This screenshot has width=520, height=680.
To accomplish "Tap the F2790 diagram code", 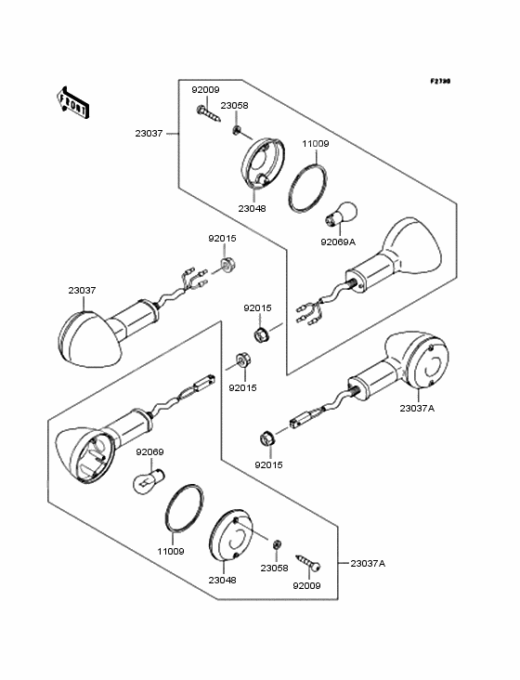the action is click(440, 81).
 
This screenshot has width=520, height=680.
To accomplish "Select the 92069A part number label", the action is click(338, 242).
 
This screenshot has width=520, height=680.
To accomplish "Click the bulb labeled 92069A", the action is click(341, 214).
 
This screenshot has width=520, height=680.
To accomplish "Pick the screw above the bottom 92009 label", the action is click(308, 562).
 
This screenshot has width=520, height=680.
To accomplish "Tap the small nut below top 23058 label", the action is click(236, 129).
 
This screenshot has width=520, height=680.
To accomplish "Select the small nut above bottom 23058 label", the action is click(277, 543).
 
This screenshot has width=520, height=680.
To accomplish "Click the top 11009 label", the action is click(316, 144).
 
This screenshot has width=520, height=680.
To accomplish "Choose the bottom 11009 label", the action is click(171, 551).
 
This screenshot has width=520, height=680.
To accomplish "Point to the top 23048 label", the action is click(253, 208).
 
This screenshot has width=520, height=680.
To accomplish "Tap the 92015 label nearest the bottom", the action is click(268, 464).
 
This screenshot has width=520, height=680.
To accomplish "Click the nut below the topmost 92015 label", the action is click(227, 264).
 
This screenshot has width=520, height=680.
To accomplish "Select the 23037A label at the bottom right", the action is click(368, 563).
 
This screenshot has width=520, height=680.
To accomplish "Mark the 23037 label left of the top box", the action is click(149, 133).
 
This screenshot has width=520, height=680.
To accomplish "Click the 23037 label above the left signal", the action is click(82, 290).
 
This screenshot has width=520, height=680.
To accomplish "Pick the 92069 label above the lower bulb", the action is click(149, 451).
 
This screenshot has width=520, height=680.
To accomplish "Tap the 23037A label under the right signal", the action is click(417, 408).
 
